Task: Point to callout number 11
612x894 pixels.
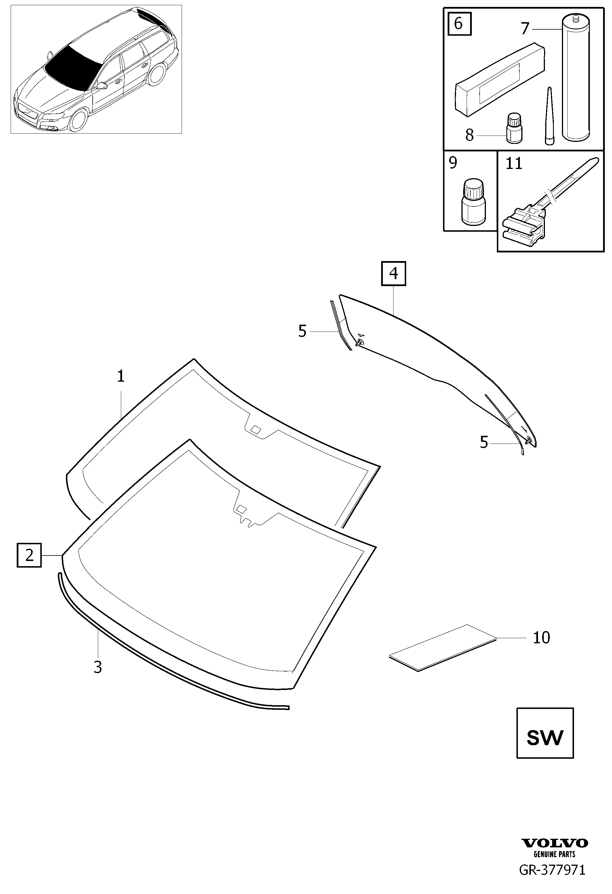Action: [514, 164]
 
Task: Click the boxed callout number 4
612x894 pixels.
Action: [394, 273]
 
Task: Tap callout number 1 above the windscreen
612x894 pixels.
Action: [121, 376]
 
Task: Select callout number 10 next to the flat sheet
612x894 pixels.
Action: [541, 638]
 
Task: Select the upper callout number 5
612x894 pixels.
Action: [302, 331]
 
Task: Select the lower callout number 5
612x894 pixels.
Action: [484, 442]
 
